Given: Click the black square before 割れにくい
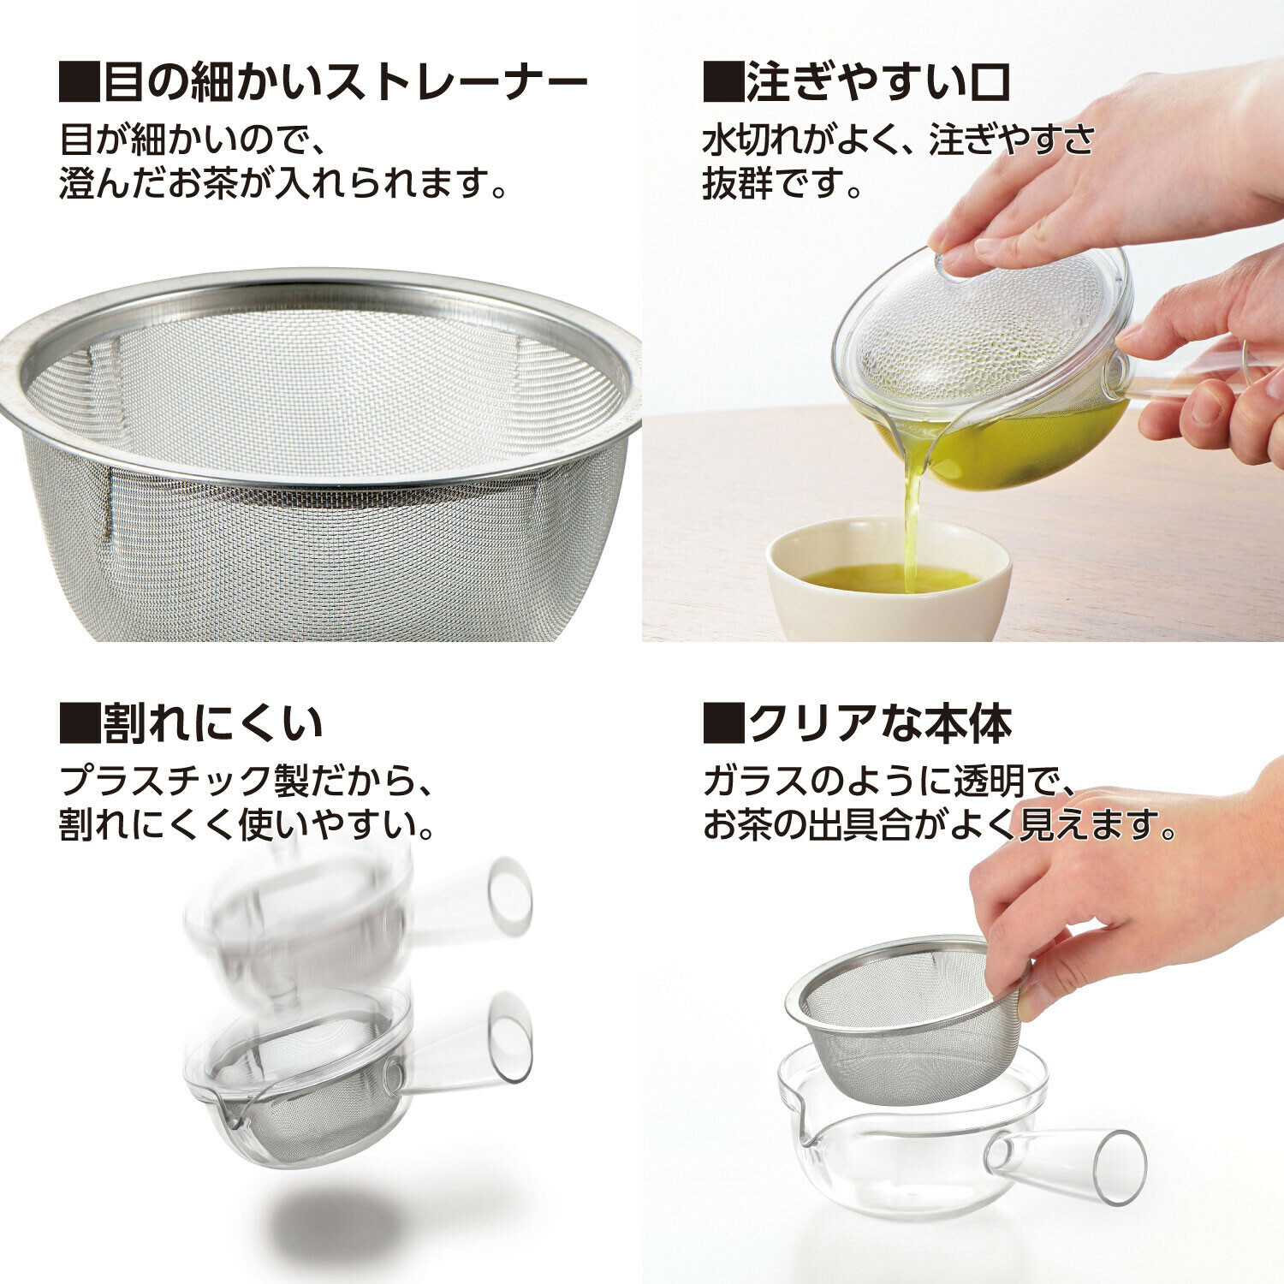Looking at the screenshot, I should [80, 723].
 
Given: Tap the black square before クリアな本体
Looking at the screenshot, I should [723, 723].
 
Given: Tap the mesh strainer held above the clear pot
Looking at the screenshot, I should [907, 1019].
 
